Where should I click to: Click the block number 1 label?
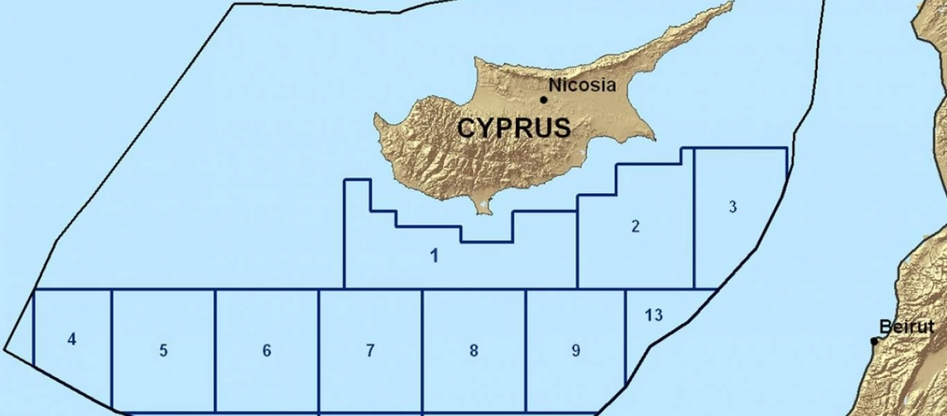point(434,256)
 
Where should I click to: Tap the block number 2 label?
point(636,226)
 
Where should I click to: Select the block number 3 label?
point(733,207)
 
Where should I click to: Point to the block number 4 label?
point(71,340)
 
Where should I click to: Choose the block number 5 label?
point(163,350)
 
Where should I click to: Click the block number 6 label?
point(267,351)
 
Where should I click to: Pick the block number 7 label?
point(370,351)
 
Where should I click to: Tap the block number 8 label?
point(473,351)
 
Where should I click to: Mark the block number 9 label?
point(575,351)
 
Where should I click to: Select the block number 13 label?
point(653,315)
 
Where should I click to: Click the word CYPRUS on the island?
point(514,128)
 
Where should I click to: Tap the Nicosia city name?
point(582,85)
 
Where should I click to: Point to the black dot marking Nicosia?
point(544,100)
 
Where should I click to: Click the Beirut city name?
point(906,327)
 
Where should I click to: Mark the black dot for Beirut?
point(874,341)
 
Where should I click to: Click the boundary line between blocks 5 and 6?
point(215,350)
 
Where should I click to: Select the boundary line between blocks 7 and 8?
point(422,350)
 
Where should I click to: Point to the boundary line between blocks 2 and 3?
point(694,229)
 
